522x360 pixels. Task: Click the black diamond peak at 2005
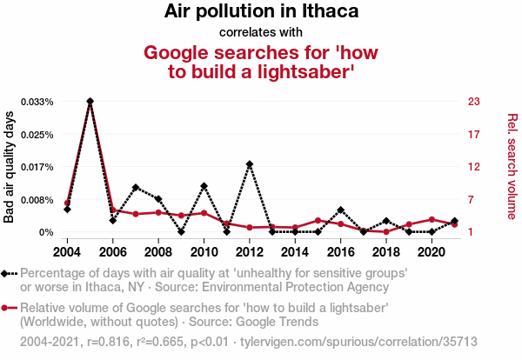(x=90, y=102)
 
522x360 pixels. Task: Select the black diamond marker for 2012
(x=250, y=164)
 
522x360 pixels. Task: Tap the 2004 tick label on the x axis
(x=67, y=251)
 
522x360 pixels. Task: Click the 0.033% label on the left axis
(x=37, y=102)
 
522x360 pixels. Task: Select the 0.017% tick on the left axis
(x=37, y=167)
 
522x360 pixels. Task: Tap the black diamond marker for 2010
(x=204, y=186)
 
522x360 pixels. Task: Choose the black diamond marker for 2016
(x=340, y=210)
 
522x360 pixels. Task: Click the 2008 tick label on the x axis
(x=158, y=251)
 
